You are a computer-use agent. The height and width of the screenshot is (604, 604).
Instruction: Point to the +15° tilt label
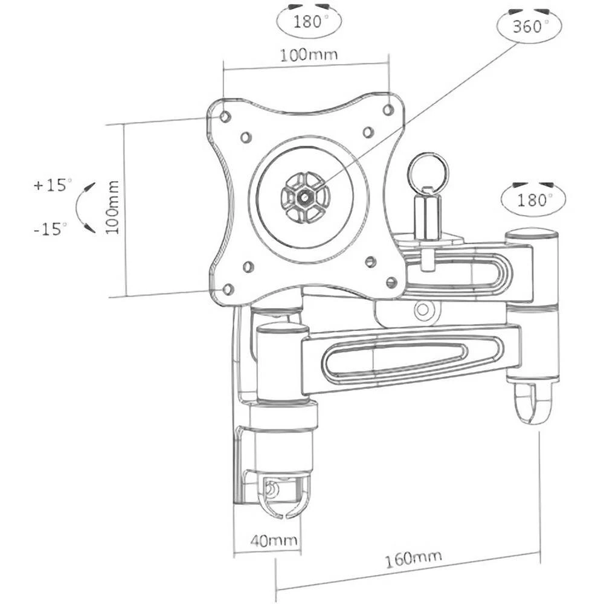point(52,185)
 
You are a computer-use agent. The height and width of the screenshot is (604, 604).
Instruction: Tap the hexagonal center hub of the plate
point(306,196)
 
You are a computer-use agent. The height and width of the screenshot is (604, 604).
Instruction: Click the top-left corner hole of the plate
point(225,116)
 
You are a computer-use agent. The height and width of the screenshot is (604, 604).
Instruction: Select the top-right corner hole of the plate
point(388,110)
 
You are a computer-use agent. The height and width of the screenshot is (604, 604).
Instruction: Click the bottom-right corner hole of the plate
point(391,282)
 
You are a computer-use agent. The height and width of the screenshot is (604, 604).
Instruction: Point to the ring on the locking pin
point(428,172)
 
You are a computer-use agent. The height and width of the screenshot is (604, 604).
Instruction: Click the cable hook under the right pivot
point(533,403)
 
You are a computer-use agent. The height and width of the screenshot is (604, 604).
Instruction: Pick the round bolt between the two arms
point(423,311)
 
